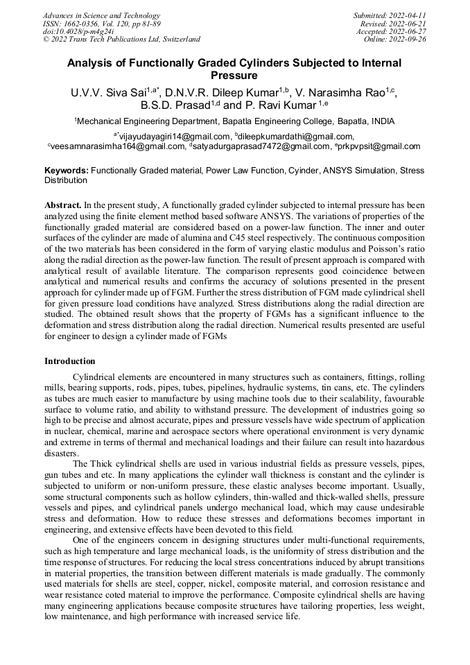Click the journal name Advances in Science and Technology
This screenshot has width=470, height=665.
(101, 15)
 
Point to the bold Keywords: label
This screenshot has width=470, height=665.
(67, 170)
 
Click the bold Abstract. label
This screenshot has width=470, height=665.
(63, 206)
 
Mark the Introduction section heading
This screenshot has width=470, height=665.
(70, 361)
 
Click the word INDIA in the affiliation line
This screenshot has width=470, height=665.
(383, 121)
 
